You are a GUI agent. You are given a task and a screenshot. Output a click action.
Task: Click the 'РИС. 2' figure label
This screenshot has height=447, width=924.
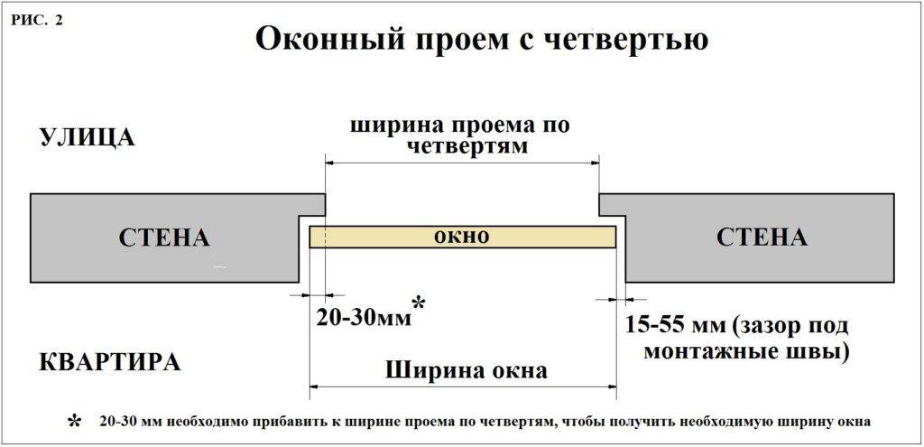(x=37, y=21)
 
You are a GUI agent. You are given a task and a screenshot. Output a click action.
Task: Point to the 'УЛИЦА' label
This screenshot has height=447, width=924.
(x=87, y=138)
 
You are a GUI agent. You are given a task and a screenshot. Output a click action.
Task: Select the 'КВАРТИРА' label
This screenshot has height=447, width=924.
(x=109, y=362)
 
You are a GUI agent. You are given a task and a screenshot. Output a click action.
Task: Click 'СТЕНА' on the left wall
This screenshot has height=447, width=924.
(x=163, y=238)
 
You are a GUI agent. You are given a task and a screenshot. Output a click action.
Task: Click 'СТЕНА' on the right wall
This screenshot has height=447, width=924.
(x=762, y=237)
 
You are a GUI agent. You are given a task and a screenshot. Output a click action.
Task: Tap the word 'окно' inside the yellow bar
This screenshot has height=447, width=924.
(x=461, y=237)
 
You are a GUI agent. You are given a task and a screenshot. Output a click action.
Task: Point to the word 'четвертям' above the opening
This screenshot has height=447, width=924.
(x=461, y=145)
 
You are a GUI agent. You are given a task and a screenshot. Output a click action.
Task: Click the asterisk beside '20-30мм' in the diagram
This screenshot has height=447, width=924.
(x=418, y=303)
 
